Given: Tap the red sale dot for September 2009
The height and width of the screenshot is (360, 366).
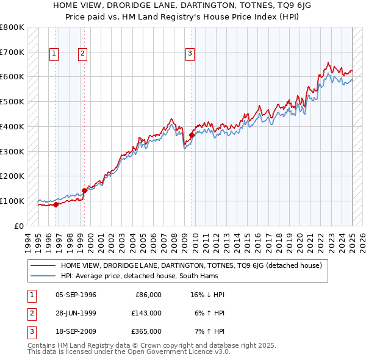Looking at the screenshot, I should [192, 135].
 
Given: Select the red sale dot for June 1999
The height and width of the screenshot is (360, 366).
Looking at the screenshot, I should [84, 190].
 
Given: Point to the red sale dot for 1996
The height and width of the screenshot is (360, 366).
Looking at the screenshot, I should [56, 204].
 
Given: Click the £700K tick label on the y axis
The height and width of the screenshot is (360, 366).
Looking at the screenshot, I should [12, 52].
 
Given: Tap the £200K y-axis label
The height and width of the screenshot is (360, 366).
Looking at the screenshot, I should [12, 176].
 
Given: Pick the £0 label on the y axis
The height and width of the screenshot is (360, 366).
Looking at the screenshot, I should [18, 226].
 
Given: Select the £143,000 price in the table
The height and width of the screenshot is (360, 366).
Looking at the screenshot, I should [146, 313].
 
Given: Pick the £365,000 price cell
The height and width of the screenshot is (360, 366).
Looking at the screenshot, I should [146, 331].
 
